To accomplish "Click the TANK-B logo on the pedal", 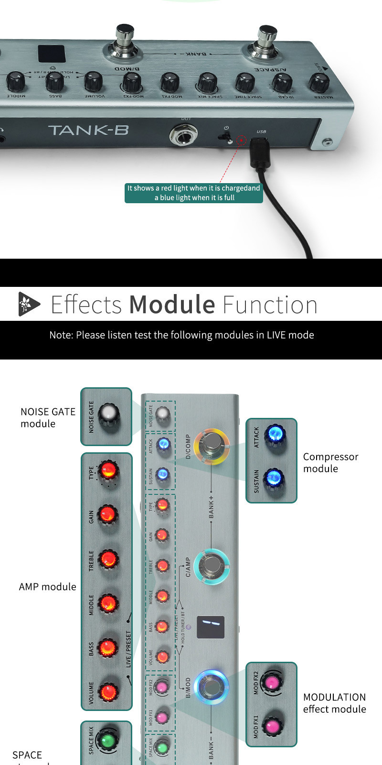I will point(88,130).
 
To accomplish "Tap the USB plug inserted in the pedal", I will point(258,151).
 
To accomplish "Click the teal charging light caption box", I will point(193,193).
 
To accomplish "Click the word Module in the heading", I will point(172,305).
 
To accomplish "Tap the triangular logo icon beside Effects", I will point(29,304).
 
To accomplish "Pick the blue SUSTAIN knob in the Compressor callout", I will point(274,478).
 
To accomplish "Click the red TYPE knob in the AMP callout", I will point(107,470).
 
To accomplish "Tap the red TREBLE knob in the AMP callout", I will point(108,559).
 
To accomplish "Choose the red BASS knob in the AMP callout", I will point(107,648).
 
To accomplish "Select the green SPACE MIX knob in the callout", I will point(107,740).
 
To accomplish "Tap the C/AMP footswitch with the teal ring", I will point(212,567).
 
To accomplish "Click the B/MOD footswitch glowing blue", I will point(212,687).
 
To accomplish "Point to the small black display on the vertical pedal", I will point(211,627).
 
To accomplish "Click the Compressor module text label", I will point(330,462).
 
